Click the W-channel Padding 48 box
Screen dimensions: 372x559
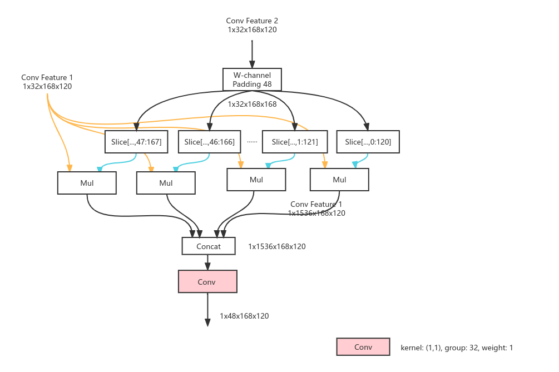252,80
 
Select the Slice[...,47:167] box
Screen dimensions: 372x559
136,142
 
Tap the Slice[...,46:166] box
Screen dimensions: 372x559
209,142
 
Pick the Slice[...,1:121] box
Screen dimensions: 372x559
295,142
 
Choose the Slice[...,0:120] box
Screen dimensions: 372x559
368,142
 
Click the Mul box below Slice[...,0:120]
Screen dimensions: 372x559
339,180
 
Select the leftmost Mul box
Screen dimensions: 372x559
87,183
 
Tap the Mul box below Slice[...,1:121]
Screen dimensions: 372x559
256,180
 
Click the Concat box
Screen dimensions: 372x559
209,246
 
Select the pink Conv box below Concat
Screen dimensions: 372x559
207,282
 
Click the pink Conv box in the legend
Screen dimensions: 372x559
363,347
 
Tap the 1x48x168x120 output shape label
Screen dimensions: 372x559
244,316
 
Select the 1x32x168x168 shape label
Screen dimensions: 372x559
252,104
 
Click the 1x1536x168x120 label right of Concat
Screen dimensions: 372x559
277,246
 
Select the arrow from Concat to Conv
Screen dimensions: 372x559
207,262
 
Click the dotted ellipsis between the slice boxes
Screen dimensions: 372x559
253,142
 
